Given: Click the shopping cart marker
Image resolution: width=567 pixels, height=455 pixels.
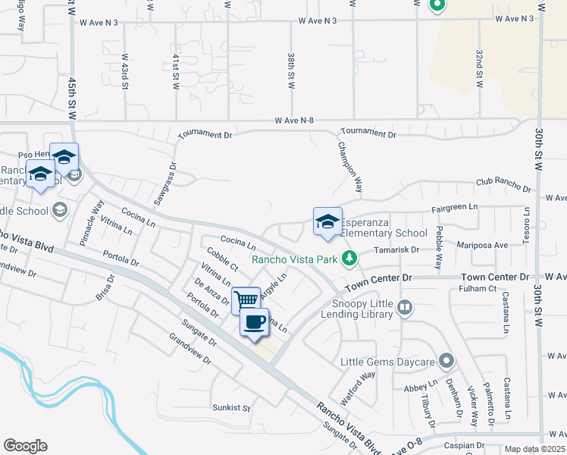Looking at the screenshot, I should point(246,300).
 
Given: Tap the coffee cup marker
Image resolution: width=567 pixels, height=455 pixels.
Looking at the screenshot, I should point(254,322).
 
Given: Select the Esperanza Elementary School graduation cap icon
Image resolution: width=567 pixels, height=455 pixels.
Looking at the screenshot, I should point(327,221).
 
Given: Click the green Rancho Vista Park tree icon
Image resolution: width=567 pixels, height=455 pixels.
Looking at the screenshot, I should point(349,259).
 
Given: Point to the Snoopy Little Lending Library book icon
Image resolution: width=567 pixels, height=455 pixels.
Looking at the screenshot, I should point(405,307).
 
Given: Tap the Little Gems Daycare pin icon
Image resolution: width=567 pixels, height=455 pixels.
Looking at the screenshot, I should point(448,361).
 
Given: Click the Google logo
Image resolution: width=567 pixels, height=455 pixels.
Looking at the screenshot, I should point(25,446).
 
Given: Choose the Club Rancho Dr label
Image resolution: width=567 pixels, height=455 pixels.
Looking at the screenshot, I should point(503,184).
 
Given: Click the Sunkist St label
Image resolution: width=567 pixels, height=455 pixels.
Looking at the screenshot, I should point(230,407).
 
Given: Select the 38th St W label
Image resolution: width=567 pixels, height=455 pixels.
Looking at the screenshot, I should point(291,71).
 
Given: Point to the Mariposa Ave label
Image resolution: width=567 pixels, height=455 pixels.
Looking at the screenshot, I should point(482,245).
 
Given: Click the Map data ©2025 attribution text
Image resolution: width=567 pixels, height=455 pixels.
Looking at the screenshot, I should point(535,449).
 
